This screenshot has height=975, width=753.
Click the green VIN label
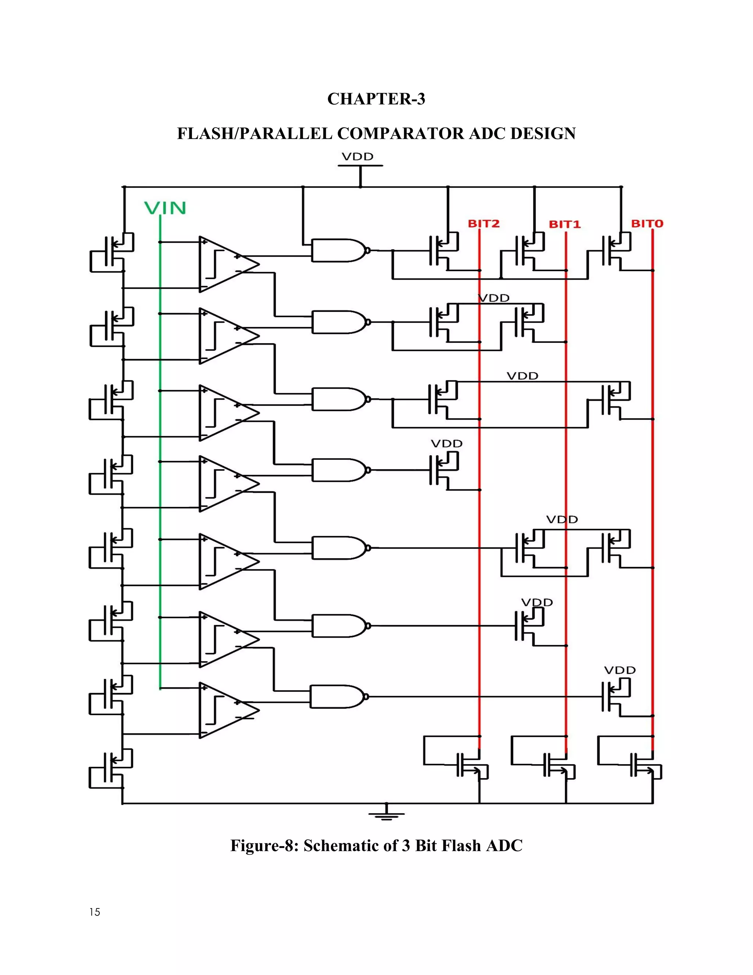[x=165, y=208]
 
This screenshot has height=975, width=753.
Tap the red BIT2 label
[x=483, y=224]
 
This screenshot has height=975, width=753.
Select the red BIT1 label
[x=564, y=224]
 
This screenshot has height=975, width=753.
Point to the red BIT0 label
[x=647, y=224]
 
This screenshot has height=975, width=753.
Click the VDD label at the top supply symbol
[x=357, y=157]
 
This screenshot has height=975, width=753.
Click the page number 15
[x=94, y=912]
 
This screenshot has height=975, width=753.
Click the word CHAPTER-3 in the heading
[x=376, y=99]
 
